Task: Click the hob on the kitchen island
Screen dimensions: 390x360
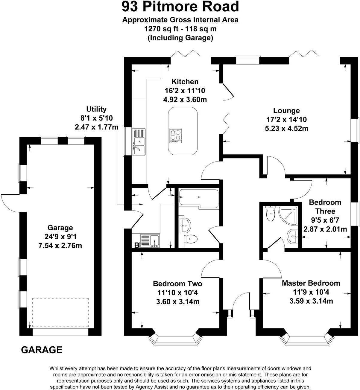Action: coord(175,135)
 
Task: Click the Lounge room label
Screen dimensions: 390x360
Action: coord(286,111)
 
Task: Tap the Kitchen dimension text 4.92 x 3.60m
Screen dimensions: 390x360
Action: coord(185,99)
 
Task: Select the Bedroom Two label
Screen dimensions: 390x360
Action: coord(177,284)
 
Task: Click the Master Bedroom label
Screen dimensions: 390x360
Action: coord(311,283)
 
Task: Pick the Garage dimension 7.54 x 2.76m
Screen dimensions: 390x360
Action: coord(60,246)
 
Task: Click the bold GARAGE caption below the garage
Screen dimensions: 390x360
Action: coord(42,350)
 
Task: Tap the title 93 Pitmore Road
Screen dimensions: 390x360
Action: coord(180,7)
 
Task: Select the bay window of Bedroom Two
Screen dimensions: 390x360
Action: coord(174,339)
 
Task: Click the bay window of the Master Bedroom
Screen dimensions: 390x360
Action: coord(306,339)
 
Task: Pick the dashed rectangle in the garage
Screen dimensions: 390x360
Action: coord(60,312)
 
